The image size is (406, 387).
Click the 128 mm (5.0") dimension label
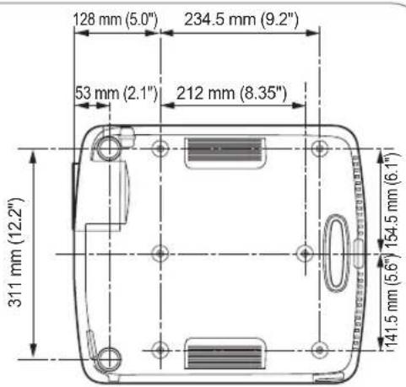coord(116,19)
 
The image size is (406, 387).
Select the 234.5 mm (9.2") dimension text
coord(241,19)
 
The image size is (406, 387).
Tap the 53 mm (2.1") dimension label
coord(116,93)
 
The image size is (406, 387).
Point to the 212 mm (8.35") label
coord(231,93)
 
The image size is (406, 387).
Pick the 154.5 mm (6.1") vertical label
coord(392,200)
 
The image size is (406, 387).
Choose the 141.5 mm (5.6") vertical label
coord(392,301)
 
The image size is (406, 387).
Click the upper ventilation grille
coord(225,153)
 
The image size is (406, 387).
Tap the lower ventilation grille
coord(225,353)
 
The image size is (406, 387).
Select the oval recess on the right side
coord(336,253)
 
